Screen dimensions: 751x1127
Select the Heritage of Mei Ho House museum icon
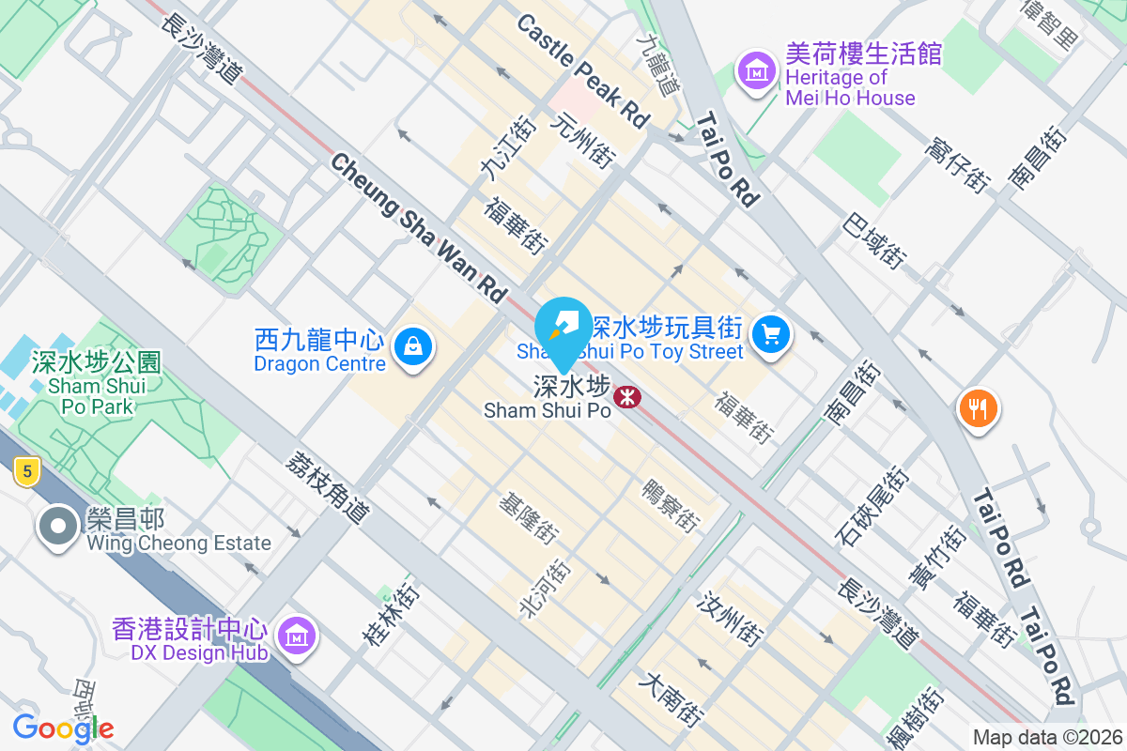[756, 70]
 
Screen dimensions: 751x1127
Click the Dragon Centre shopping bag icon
[412, 347]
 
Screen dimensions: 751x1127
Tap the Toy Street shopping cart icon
[772, 333]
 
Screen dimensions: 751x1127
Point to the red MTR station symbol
[626, 398]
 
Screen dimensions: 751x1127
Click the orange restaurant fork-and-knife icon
[978, 408]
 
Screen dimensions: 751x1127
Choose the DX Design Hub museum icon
[297, 636]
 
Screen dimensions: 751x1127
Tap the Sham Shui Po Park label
[96, 383]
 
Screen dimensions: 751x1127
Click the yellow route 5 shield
[25, 472]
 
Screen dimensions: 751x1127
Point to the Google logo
[63, 728]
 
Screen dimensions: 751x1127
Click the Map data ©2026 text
[1047, 737]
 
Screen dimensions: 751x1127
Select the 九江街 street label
[494, 148]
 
